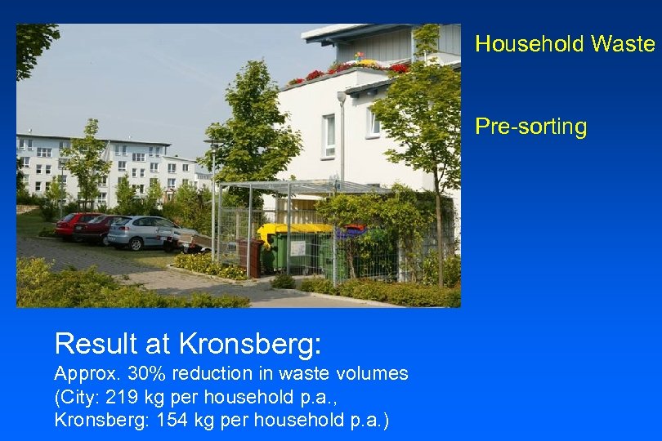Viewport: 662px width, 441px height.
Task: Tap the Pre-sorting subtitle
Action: pos(531,127)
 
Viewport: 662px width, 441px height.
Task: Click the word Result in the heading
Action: pos(90,344)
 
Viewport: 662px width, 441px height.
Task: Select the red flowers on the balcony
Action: pos(315,75)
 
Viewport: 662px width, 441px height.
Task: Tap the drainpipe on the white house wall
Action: pos(342,139)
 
